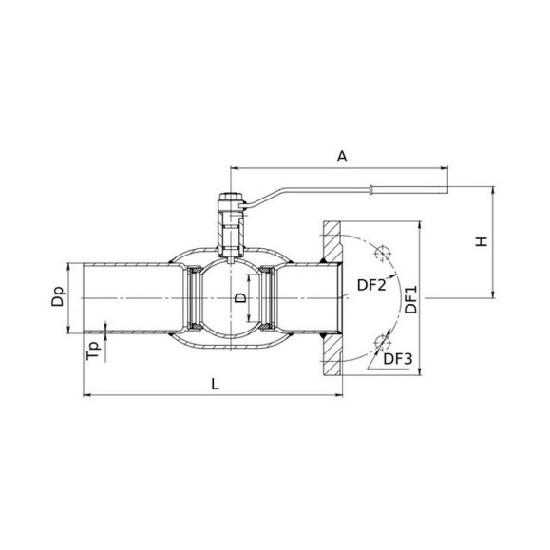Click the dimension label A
point(342,157)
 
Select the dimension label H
point(482,241)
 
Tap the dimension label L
point(216,384)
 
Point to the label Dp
point(58,296)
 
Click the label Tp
point(94,351)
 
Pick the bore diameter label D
point(240,298)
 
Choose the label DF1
point(411,299)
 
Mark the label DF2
point(371,285)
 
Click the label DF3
point(398,359)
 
